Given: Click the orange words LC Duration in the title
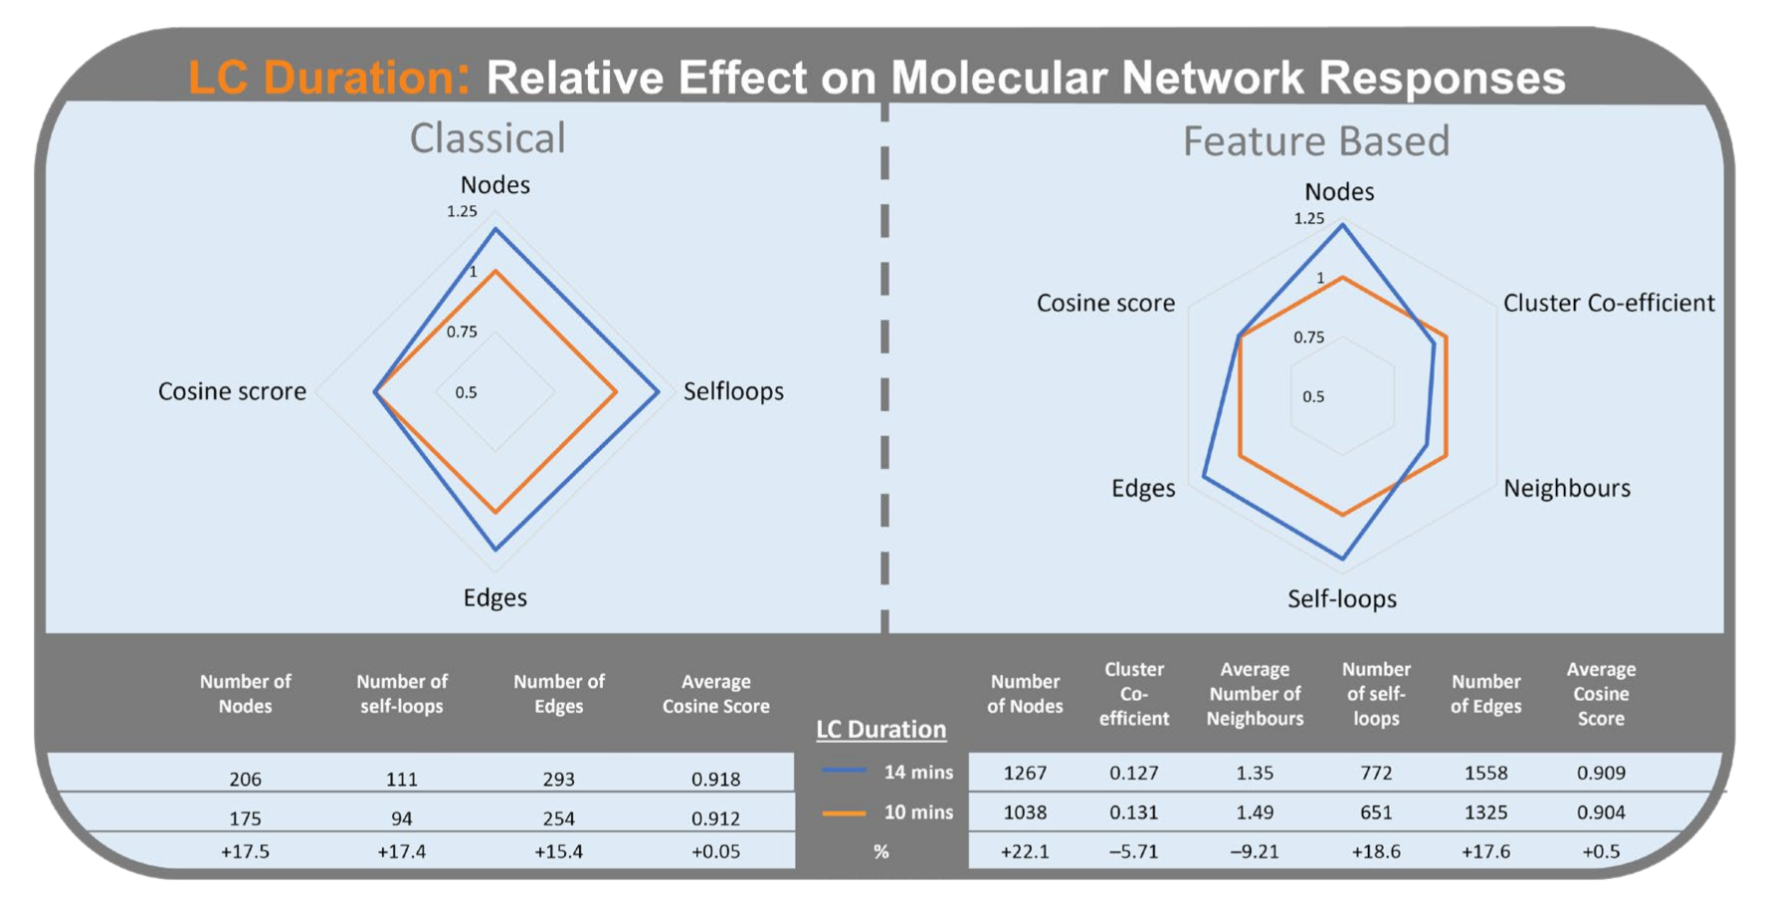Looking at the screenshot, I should point(328,78).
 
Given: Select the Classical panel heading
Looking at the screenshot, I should point(488,138).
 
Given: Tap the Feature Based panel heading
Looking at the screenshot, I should point(1315,141).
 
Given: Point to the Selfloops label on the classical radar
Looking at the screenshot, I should point(733,391).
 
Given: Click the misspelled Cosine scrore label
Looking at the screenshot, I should point(232,391).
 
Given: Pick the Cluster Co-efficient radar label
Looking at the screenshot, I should point(1608,303).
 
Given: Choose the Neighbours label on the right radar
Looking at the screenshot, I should point(1566,488).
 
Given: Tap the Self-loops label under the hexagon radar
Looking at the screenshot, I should point(1341,598).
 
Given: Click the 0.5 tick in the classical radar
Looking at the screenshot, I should point(466,392).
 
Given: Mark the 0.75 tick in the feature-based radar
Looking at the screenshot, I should point(1308,338).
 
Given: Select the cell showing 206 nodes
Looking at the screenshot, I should point(245,779).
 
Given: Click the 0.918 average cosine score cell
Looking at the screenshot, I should point(715,779).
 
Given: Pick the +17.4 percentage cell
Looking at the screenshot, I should point(402,851).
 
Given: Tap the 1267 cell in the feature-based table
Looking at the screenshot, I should point(1025,773).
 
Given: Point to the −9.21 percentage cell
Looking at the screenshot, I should point(1255,851).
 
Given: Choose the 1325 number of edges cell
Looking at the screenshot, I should point(1485,812).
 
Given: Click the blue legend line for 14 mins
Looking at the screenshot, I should point(844,771).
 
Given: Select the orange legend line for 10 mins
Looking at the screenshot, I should point(844,812).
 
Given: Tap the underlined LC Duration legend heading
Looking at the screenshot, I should point(881,730).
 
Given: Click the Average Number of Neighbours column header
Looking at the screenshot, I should point(1255,694).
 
